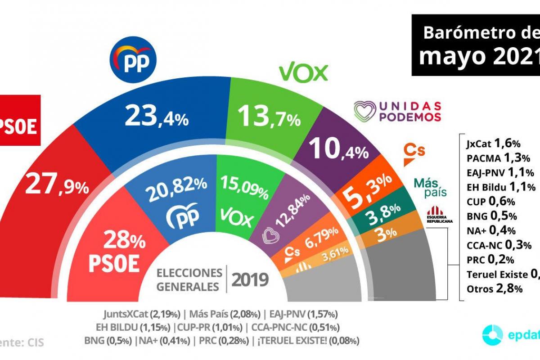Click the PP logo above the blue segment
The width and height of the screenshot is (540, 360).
click(x=133, y=60)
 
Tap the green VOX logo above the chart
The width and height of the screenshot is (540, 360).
click(x=303, y=72)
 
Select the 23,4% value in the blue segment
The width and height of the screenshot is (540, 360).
click(x=157, y=117)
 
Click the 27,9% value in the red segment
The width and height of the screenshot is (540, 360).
click(x=57, y=184)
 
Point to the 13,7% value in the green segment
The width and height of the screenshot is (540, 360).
click(x=269, y=118)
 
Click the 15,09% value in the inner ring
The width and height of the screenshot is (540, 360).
click(x=244, y=184)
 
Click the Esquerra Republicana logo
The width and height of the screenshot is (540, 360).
click(x=440, y=214)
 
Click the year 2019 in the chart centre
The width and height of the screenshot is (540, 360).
click(x=250, y=280)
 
